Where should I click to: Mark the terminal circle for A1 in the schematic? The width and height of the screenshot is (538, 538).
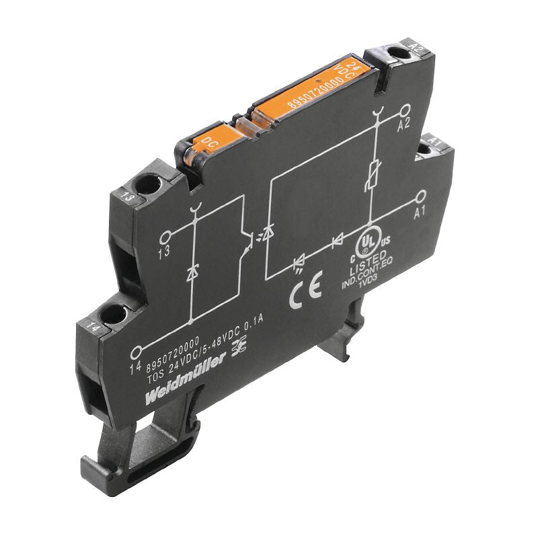click(x=421, y=196)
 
